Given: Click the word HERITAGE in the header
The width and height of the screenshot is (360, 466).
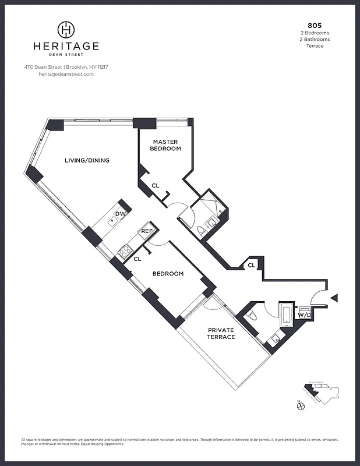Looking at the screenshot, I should tap(67, 46).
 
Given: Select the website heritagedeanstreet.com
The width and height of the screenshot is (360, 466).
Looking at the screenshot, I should tap(66, 74).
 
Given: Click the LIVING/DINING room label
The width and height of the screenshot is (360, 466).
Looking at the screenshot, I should tap(87, 161).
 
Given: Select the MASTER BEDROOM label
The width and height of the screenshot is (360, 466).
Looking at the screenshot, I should tap(165, 145).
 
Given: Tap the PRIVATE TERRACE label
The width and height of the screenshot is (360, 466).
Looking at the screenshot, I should tap(221, 333).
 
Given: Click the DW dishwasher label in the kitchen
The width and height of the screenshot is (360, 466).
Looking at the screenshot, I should tap(120, 214).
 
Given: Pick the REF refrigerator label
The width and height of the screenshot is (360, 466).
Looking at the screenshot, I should tap(147, 231).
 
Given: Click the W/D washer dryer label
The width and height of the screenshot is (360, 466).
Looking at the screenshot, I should tap(304, 315).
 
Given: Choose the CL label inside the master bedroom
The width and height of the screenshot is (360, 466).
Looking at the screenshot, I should tap(156, 186).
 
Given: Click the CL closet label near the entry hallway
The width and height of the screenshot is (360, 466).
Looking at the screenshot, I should tap(251, 265).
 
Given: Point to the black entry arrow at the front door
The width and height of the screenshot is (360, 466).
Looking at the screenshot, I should tap(334, 298).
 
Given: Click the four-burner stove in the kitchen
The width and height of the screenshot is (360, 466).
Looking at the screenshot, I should tap(124, 252).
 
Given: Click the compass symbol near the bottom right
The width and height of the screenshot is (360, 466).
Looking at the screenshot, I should tap(301, 408).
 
